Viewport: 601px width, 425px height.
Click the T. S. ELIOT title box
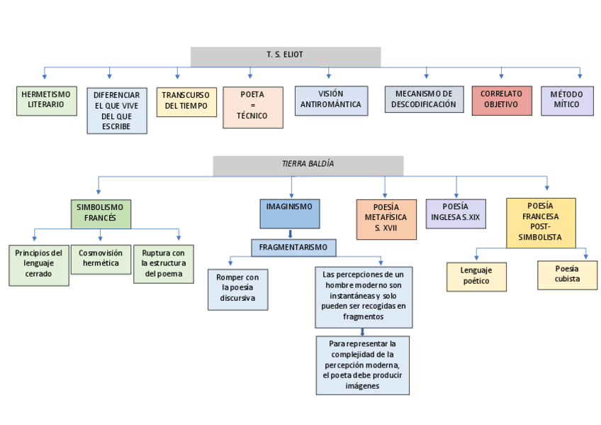(285, 56)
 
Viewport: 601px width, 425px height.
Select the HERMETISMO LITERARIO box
(46, 100)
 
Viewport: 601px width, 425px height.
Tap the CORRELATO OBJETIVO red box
(501, 100)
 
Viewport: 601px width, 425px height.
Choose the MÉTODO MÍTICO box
(566, 100)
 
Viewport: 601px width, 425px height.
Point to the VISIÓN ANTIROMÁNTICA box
(331, 100)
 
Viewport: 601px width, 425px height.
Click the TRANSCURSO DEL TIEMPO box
(186, 101)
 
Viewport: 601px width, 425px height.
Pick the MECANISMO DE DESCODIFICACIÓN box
(425, 99)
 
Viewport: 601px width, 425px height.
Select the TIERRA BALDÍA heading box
(308, 165)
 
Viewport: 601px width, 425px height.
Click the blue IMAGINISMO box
(289, 213)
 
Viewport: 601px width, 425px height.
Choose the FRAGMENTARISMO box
(293, 248)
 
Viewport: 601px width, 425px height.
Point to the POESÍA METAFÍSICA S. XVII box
(386, 219)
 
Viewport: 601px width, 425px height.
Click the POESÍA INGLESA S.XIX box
(455, 213)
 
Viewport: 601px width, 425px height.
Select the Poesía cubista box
(567, 275)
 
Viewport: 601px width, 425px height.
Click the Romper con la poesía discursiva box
(237, 288)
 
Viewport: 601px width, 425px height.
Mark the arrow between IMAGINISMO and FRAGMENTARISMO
(289, 233)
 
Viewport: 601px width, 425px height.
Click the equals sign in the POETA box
(252, 105)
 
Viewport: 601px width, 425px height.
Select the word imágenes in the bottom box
(362, 386)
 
